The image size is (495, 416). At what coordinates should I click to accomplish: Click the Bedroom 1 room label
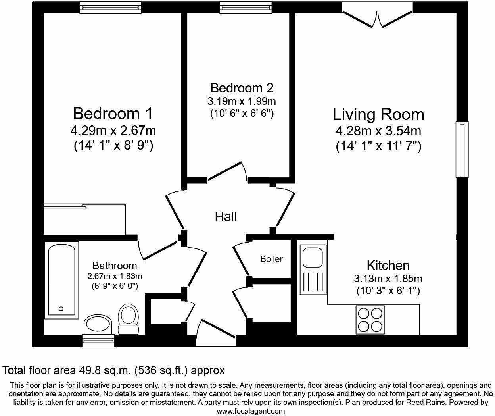[113, 114]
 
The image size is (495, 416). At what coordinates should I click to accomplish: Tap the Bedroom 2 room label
[242, 88]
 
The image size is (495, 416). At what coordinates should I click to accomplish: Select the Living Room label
[378, 114]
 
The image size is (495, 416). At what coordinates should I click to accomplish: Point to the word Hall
[226, 217]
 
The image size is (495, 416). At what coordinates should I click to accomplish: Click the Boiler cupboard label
[271, 259]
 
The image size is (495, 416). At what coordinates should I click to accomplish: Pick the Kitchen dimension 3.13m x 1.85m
[388, 279]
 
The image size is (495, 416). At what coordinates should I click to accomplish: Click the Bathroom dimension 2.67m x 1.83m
[115, 276]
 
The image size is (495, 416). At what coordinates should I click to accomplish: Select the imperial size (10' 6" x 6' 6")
[242, 114]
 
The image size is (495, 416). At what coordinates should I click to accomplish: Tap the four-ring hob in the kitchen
[370, 320]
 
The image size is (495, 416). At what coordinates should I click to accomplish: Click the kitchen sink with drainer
[313, 270]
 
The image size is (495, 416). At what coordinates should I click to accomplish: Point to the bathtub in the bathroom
[61, 280]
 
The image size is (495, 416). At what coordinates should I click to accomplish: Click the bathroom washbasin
[98, 324]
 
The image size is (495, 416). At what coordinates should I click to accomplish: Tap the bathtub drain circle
[61, 309]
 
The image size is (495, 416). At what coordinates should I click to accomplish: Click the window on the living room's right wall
[462, 150]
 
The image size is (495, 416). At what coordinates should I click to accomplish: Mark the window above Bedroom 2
[246, 8]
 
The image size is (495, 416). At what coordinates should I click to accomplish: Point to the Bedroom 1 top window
[111, 8]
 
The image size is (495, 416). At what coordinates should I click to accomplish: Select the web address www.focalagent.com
[251, 411]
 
